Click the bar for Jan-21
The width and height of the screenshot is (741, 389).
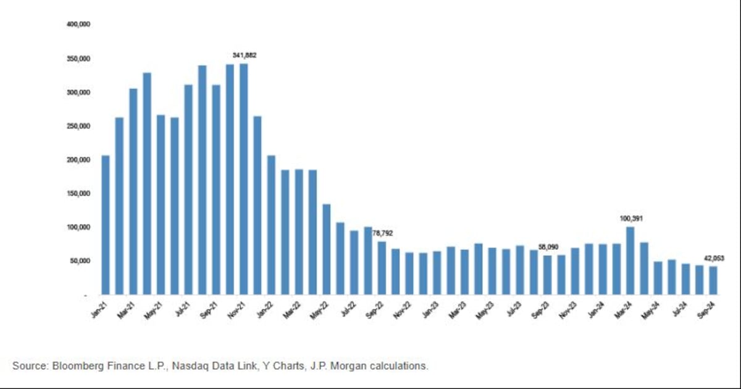pos(106,225)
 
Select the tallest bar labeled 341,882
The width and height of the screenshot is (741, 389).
pos(243,179)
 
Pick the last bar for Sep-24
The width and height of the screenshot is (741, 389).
pos(713,280)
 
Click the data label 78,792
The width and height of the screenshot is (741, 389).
pos(383,233)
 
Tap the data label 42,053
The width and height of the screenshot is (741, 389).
pos(714,258)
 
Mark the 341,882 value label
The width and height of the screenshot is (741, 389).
pos(245,55)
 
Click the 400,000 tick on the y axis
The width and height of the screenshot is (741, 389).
pos(78,25)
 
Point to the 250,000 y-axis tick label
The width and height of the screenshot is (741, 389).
pos(78,126)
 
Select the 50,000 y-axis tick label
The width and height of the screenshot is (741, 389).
pos(80,261)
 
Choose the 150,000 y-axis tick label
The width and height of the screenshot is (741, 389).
pos(78,193)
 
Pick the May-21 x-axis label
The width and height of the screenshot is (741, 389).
pos(155,310)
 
